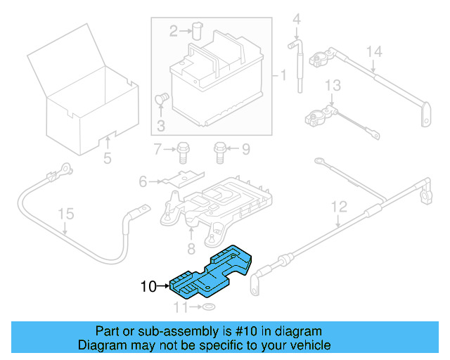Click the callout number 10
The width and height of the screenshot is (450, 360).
tap(148, 286)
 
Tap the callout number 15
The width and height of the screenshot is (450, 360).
tap(65, 214)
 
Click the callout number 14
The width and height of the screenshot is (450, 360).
tap(374, 51)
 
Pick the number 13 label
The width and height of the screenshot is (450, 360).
tap(332, 86)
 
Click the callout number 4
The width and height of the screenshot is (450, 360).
tap(296, 18)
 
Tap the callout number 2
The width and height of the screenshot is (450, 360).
tap(174, 30)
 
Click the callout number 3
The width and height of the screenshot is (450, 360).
tap(160, 126)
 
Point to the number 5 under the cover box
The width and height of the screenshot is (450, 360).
tap(107, 159)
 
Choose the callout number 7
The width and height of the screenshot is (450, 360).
tap(157, 148)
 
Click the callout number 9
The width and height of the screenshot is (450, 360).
tap(245, 148)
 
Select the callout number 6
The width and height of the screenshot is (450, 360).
tap(143, 182)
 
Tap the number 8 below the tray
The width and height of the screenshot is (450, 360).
tap(190, 249)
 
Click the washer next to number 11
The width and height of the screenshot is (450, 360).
tap(209, 308)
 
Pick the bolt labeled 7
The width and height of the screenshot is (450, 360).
tap(184, 149)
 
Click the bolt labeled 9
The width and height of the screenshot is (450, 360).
tap(219, 149)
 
